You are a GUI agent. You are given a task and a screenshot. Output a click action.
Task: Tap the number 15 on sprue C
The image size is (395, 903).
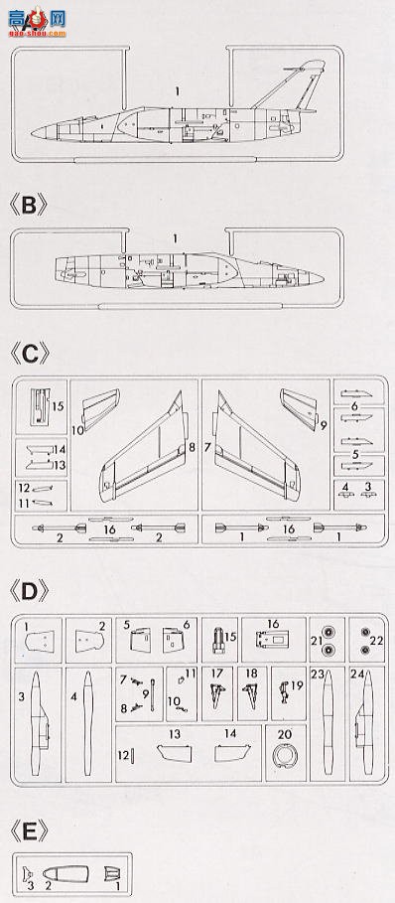click(x=58, y=406)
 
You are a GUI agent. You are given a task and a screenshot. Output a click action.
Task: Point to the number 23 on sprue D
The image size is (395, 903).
click(x=318, y=675)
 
